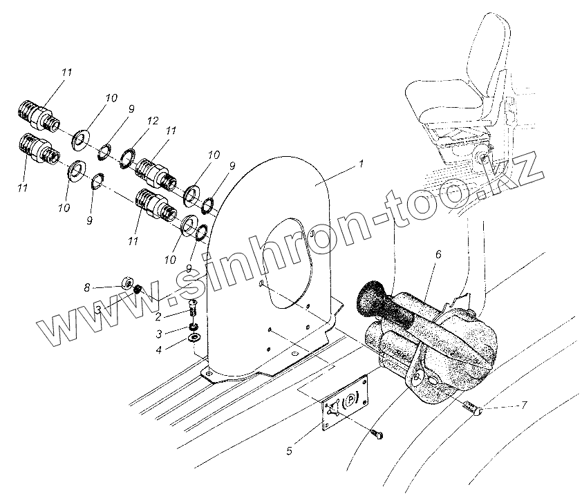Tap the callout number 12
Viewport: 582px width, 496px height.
click(153, 121)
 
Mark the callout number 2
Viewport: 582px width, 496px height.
click(158, 298)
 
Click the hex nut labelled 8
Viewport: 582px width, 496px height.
click(127, 283)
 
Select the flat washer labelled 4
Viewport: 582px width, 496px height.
click(193, 338)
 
